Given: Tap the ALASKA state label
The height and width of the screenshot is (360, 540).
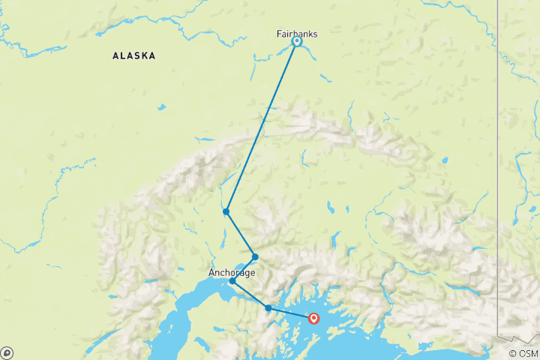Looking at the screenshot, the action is (134, 55).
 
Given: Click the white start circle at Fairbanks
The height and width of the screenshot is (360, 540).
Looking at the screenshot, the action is (297, 42).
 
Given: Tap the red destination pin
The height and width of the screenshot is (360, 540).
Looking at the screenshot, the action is (313, 319).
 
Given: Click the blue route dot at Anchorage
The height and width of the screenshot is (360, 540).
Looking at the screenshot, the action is (232, 281).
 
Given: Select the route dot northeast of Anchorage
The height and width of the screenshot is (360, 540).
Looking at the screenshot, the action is (255, 256).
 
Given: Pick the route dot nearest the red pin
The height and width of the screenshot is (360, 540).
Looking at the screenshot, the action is (268, 307).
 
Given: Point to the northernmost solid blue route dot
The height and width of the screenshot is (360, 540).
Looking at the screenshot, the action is (226, 211).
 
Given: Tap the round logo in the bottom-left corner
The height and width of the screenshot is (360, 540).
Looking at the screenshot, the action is (7, 352).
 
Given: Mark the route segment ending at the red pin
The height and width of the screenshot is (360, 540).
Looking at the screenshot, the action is (291, 313).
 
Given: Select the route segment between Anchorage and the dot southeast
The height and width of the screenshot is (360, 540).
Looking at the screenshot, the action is (250, 295).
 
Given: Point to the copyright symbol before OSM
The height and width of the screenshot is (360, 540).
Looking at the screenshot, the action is (512, 353).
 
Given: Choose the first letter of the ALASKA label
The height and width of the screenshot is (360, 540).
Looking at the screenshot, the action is (115, 55).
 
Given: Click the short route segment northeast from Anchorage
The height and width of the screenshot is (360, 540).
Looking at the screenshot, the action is (244, 268).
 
